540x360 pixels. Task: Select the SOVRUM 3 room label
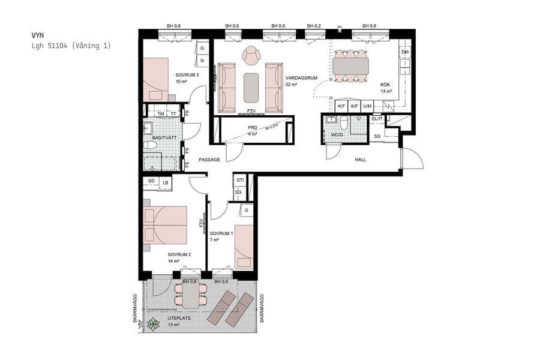tap(187, 74)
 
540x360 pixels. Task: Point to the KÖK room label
tap(385, 85)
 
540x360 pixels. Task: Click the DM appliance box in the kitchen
tap(405, 53)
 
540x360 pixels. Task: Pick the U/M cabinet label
tap(367, 106)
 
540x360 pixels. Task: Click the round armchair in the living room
tap(251, 56)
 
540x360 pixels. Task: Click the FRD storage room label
tap(253, 128)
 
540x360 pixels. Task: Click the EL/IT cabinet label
tap(377, 119)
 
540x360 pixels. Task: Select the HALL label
tap(360, 160)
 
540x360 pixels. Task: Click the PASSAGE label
tap(209, 160)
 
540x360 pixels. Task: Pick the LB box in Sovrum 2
tap(165, 182)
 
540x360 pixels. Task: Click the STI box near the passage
tap(239, 179)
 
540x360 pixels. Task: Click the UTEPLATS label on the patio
tap(179, 318)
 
